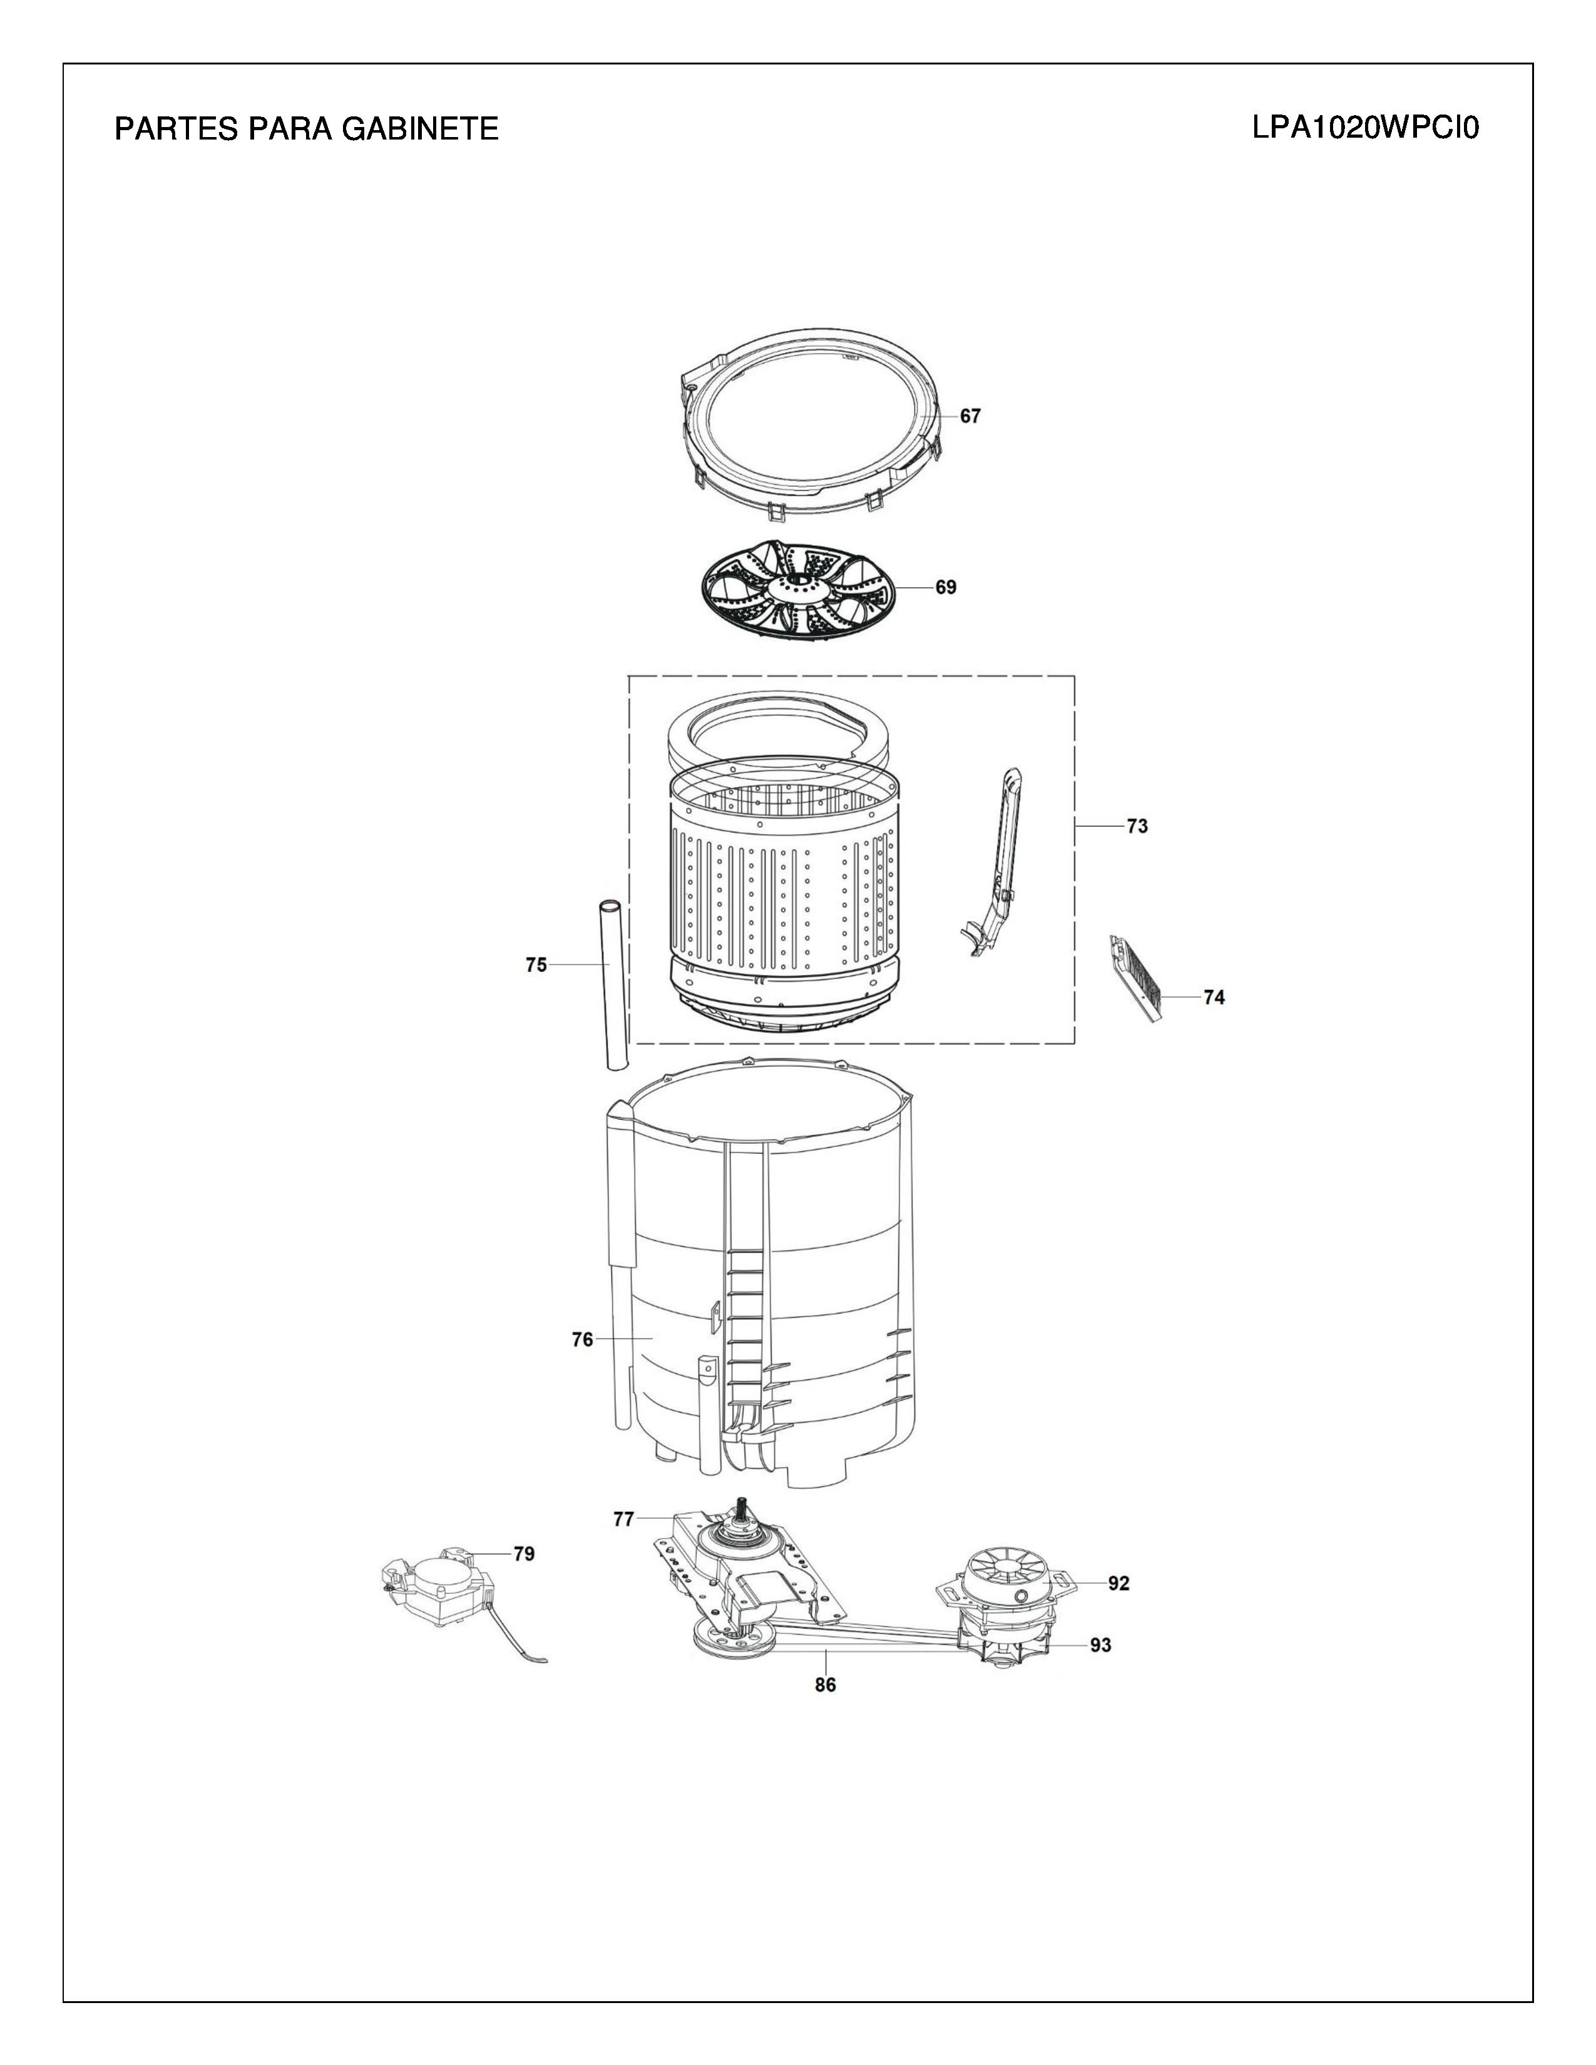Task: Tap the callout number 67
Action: (971, 416)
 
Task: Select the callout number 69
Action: (946, 587)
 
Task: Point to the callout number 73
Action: (1137, 827)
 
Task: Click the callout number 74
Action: (1214, 997)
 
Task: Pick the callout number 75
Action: (536, 966)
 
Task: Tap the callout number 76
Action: (583, 1340)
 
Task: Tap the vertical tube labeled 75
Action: (615, 986)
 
